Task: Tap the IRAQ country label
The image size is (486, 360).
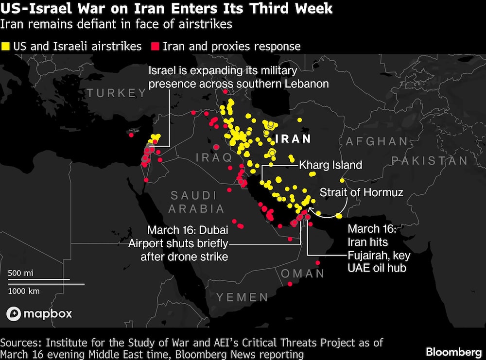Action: (214, 157)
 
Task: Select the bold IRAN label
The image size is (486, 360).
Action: (293, 139)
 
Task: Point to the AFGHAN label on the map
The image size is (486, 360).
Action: (377, 141)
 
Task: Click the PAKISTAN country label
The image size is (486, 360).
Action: (430, 161)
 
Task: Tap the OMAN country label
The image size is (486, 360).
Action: (303, 273)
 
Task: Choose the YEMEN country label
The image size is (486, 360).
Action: (242, 297)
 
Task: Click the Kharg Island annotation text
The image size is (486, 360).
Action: (330, 165)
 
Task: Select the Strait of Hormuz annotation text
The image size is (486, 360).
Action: (362, 192)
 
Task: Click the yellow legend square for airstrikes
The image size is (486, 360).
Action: (6, 47)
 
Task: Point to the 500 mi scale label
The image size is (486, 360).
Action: (20, 273)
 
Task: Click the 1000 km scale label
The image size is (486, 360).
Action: (24, 291)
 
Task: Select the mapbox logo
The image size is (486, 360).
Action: (39, 313)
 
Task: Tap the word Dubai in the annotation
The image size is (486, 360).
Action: (212, 230)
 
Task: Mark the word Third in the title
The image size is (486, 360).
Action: (267, 9)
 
